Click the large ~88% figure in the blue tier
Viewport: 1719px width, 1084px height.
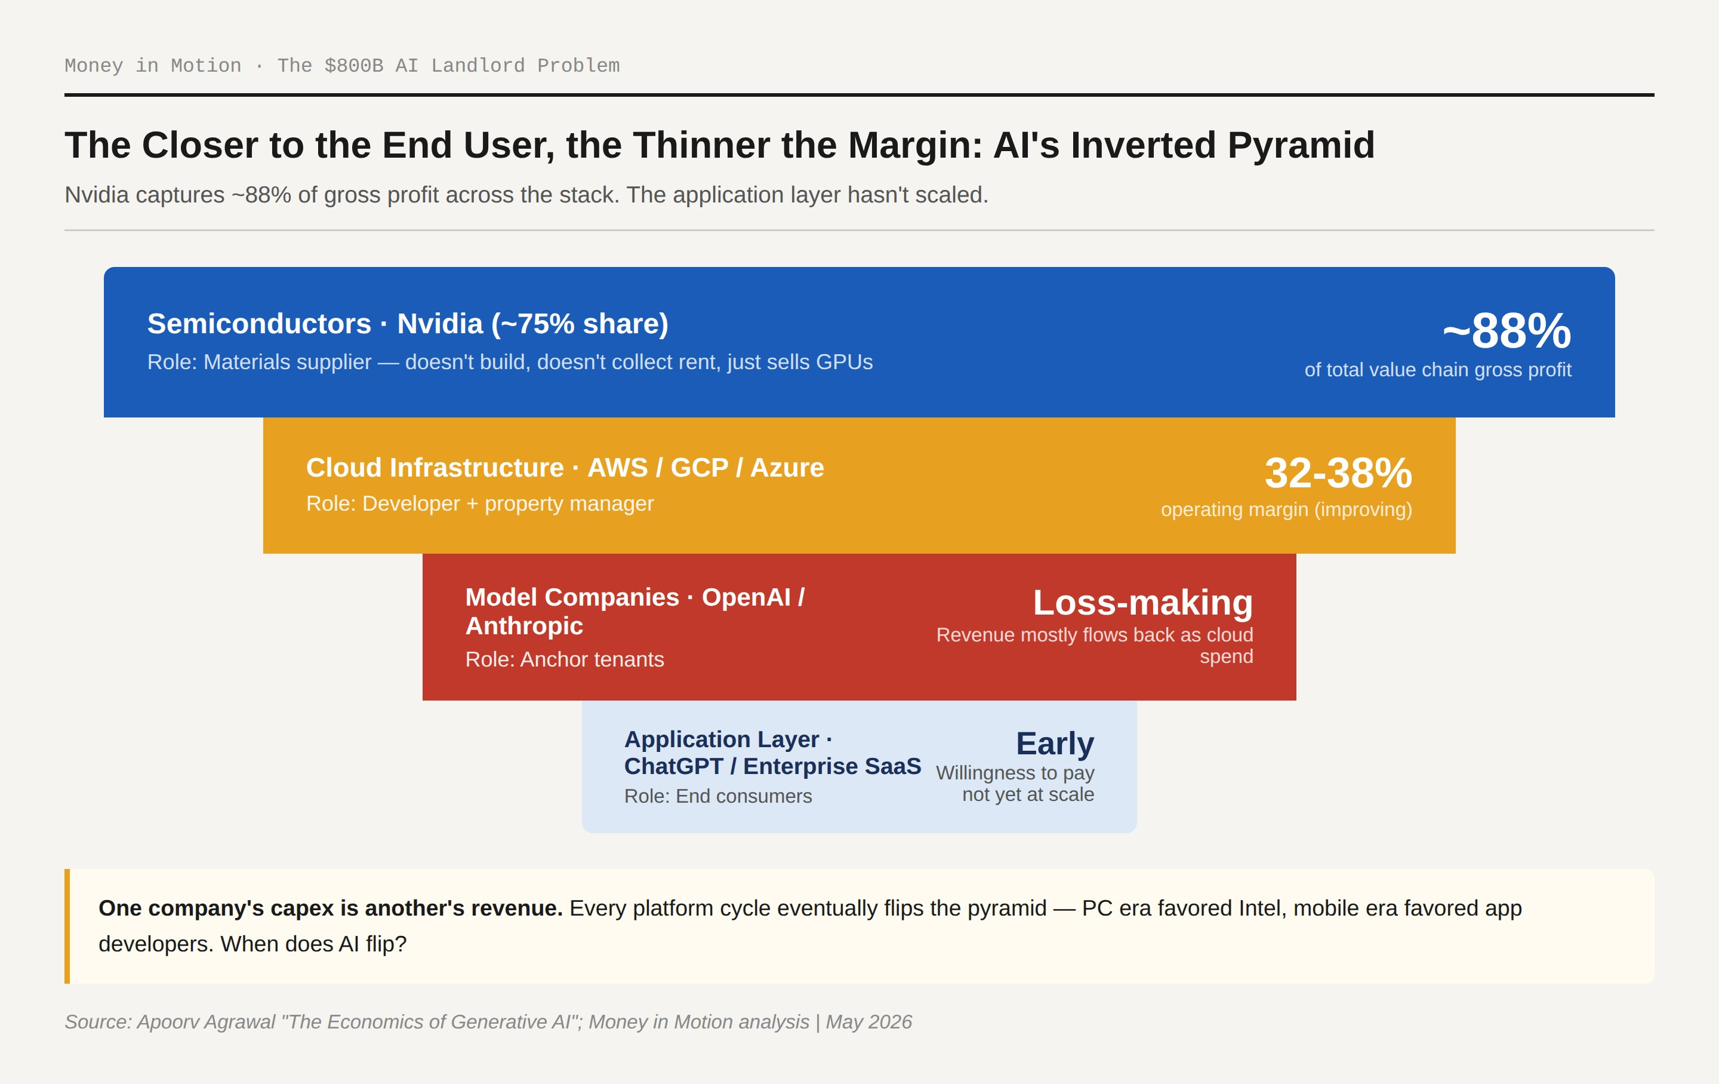(1507, 331)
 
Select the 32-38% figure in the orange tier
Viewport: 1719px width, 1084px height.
(1339, 473)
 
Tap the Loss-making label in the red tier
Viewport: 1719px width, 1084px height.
(1143, 602)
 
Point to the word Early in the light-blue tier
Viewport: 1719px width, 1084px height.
(1055, 744)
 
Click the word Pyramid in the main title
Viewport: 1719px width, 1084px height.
(1301, 145)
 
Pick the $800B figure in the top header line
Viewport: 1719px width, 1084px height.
(354, 66)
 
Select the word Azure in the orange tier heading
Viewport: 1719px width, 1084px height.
(787, 468)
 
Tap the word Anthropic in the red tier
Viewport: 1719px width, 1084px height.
(524, 625)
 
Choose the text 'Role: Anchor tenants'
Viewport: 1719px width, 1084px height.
(565, 659)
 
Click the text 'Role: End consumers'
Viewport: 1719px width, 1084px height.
(718, 796)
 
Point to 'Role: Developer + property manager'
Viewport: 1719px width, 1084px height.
(480, 503)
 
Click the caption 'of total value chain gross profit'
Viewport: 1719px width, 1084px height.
(1438, 369)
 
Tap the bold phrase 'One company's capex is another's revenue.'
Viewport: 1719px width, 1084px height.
(331, 908)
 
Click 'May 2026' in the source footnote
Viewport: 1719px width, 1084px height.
(869, 1022)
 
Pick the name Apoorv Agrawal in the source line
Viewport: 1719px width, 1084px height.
(205, 1022)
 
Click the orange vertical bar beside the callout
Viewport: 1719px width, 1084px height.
(67, 926)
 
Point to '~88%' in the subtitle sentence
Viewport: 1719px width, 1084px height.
(261, 195)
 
